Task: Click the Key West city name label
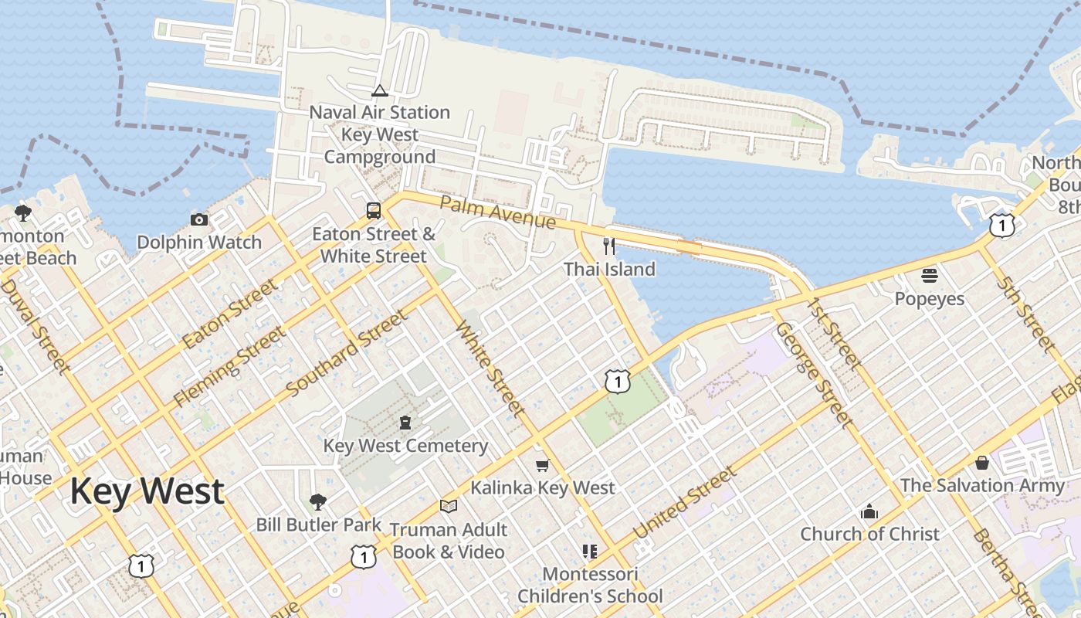tap(147, 491)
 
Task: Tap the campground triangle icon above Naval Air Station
tap(379, 91)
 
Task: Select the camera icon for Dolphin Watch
tap(199, 219)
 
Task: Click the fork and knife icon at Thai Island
tap(609, 246)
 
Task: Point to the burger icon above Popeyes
tap(930, 276)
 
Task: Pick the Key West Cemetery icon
tap(405, 423)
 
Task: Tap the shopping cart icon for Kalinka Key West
tap(542, 465)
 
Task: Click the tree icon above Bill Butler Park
tap(317, 502)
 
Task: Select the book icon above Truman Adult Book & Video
tap(448, 507)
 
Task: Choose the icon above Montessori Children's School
tap(590, 552)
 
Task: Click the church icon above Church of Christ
tap(869, 511)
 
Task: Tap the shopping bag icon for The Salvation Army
tap(982, 463)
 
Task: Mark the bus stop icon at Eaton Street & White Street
tap(374, 211)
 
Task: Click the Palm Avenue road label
tap(498, 212)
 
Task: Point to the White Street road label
tap(491, 368)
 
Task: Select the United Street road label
tap(685, 503)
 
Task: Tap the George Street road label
tap(814, 375)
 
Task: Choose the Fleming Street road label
tap(229, 366)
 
